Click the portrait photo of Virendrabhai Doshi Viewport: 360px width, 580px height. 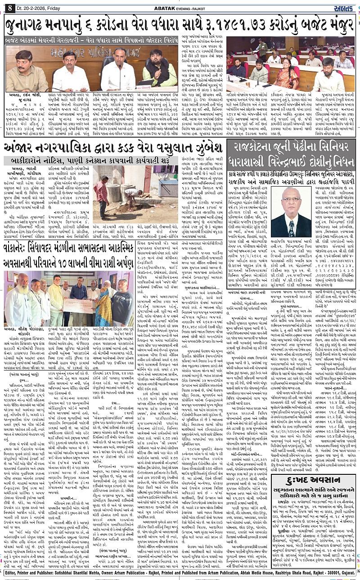click(x=292, y=212)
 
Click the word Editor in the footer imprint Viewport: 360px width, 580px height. click(x=13, y=573)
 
